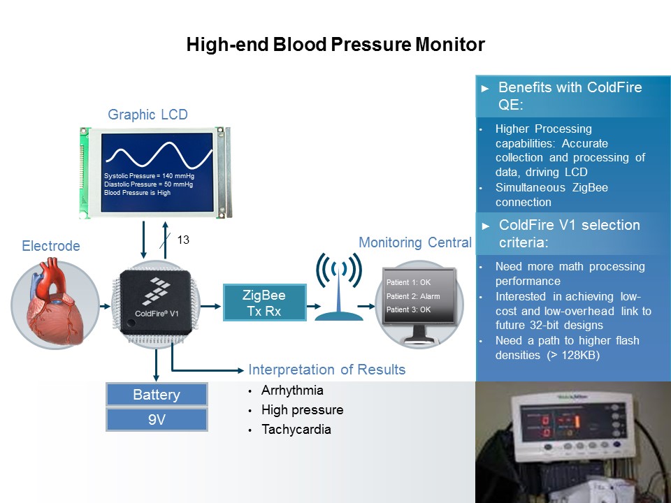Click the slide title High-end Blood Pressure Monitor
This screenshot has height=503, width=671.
[335, 45]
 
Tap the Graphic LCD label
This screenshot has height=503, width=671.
[147, 115]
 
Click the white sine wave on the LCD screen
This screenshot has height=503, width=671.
[159, 156]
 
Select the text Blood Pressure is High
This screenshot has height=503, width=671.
[138, 193]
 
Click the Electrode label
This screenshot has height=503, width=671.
[51, 246]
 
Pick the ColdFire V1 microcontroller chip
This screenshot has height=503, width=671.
[156, 302]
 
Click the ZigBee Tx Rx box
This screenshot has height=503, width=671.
[264, 302]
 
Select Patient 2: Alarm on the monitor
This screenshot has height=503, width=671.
[413, 296]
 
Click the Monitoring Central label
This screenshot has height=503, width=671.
[415, 242]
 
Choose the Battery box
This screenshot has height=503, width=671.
[157, 394]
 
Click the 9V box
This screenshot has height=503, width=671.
[157, 420]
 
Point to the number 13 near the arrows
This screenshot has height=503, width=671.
[183, 240]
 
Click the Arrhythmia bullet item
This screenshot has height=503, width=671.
[292, 391]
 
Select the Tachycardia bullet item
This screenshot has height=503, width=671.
[296, 430]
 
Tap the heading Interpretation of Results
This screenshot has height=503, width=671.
[327, 370]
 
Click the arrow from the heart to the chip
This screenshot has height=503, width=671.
[106, 306]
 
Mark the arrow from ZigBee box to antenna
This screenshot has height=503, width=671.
[314, 306]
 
